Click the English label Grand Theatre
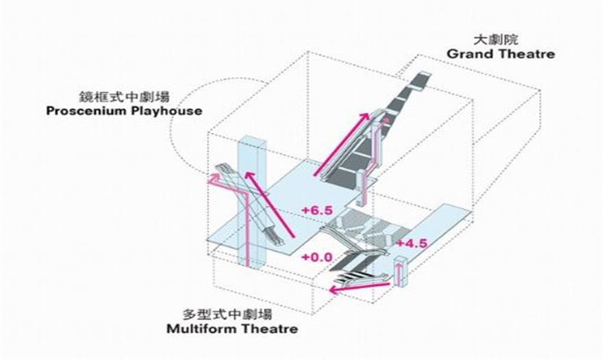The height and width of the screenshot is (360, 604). (501, 54)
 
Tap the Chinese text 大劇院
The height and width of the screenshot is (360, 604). (496, 40)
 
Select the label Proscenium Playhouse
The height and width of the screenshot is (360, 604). (124, 112)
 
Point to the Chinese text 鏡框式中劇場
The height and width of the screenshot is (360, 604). (124, 97)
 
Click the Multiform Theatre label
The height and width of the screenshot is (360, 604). (232, 329)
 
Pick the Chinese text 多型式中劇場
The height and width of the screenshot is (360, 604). (227, 314)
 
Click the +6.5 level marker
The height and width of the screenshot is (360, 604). (317, 211)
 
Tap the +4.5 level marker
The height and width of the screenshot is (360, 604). (412, 244)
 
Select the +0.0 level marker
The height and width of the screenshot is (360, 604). (316, 257)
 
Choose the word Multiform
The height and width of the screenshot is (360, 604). (197, 329)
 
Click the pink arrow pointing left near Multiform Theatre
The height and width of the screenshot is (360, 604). (360, 287)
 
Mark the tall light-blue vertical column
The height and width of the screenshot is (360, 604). (252, 201)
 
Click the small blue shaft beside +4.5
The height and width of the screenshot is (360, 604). (401, 271)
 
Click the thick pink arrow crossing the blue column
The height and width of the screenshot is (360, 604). (270, 205)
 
